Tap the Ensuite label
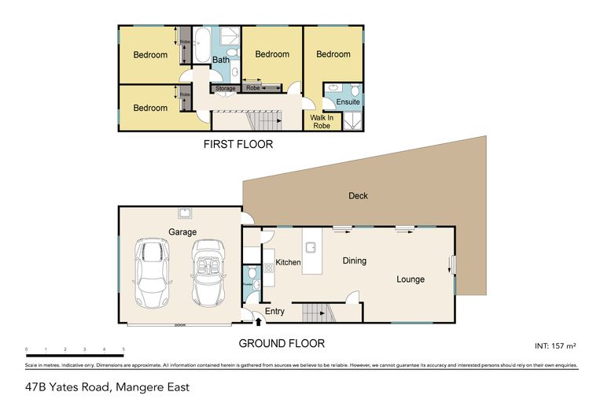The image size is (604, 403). [348, 102]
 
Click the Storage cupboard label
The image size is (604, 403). [226, 88]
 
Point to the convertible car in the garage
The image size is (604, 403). [209, 272]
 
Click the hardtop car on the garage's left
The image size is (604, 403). [152, 272]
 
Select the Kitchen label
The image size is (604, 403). [288, 261]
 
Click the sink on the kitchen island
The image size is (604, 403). [311, 247]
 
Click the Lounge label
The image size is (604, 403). [410, 279]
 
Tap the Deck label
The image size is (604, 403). [358, 196]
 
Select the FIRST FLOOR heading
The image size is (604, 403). [238, 145]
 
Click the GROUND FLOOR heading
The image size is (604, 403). [282, 343]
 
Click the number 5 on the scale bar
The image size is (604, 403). [123, 349]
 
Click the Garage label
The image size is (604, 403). [181, 231]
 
